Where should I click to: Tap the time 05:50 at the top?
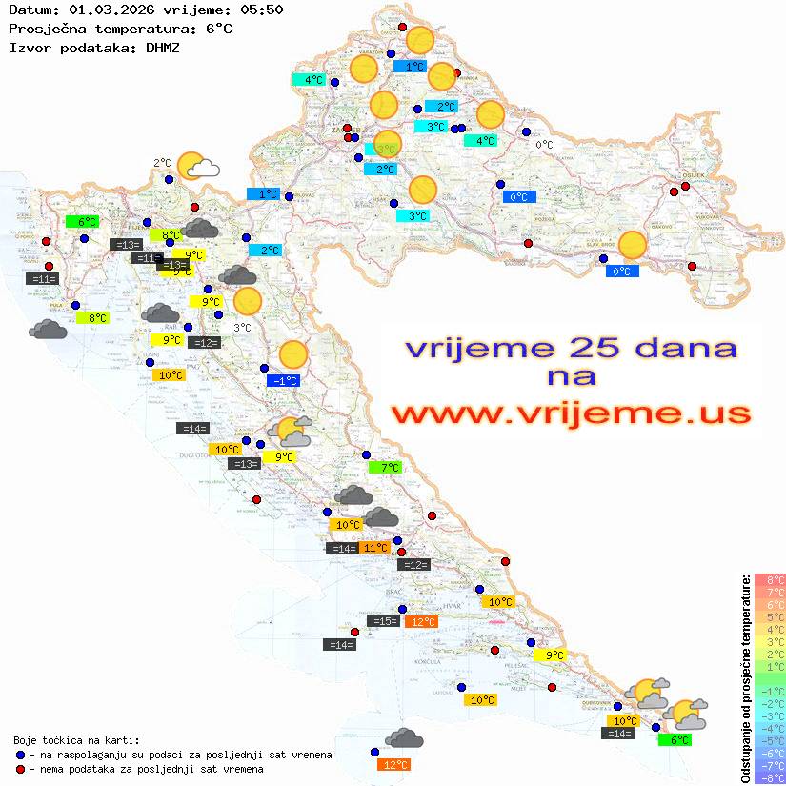262,10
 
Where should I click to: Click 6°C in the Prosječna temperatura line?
218,29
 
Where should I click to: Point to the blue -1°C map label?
284,380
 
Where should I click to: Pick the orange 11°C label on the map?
374,547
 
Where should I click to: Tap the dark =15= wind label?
383,621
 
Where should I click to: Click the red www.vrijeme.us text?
571,414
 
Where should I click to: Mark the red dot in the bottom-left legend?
20,769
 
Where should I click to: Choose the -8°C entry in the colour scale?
770,777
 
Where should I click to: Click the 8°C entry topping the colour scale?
770,579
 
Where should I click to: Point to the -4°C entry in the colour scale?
770,728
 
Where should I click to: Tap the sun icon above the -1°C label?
293,355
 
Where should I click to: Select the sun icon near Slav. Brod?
632,246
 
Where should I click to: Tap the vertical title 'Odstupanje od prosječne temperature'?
745,678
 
